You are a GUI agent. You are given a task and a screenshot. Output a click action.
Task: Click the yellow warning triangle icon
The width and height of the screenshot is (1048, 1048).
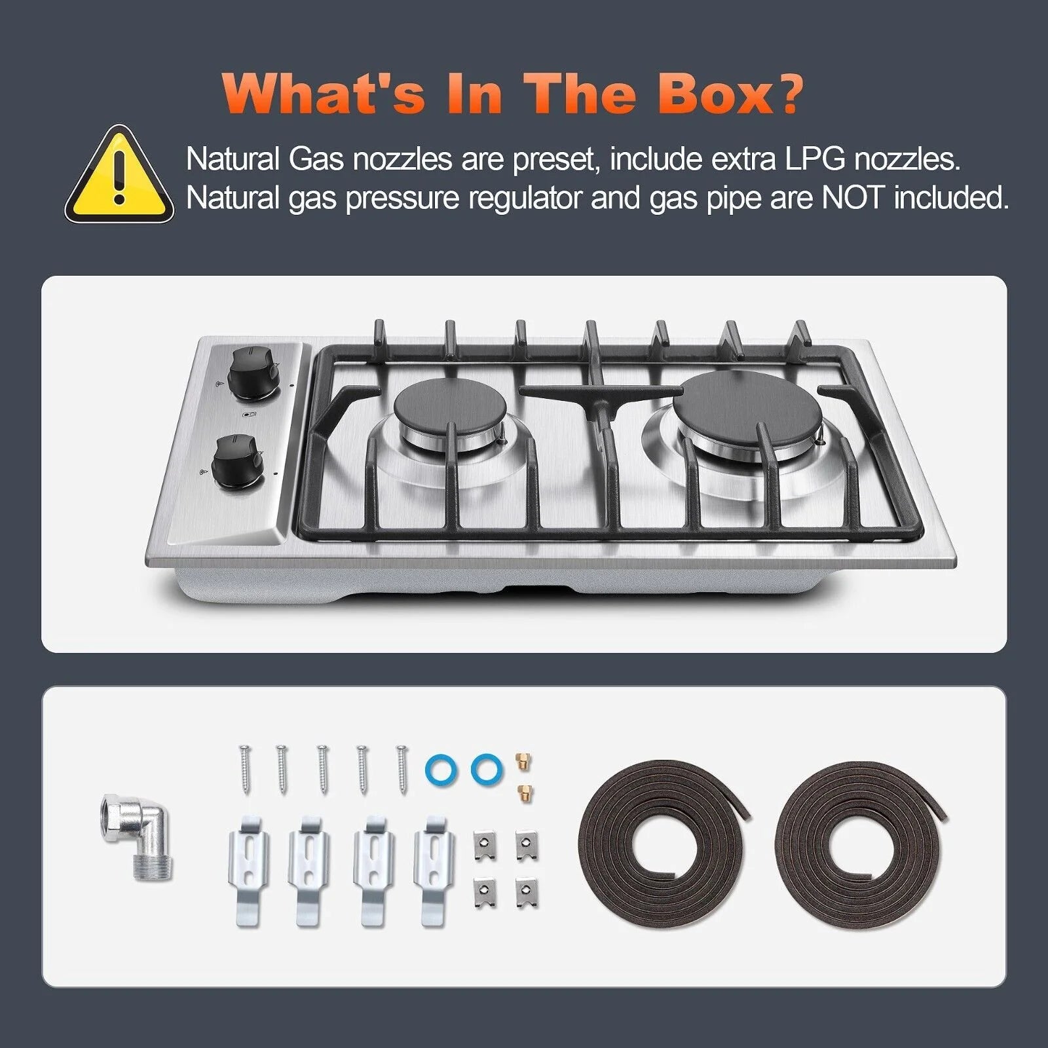click(119, 175)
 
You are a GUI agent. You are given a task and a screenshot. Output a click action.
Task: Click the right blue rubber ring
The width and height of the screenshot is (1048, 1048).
click(484, 765)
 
